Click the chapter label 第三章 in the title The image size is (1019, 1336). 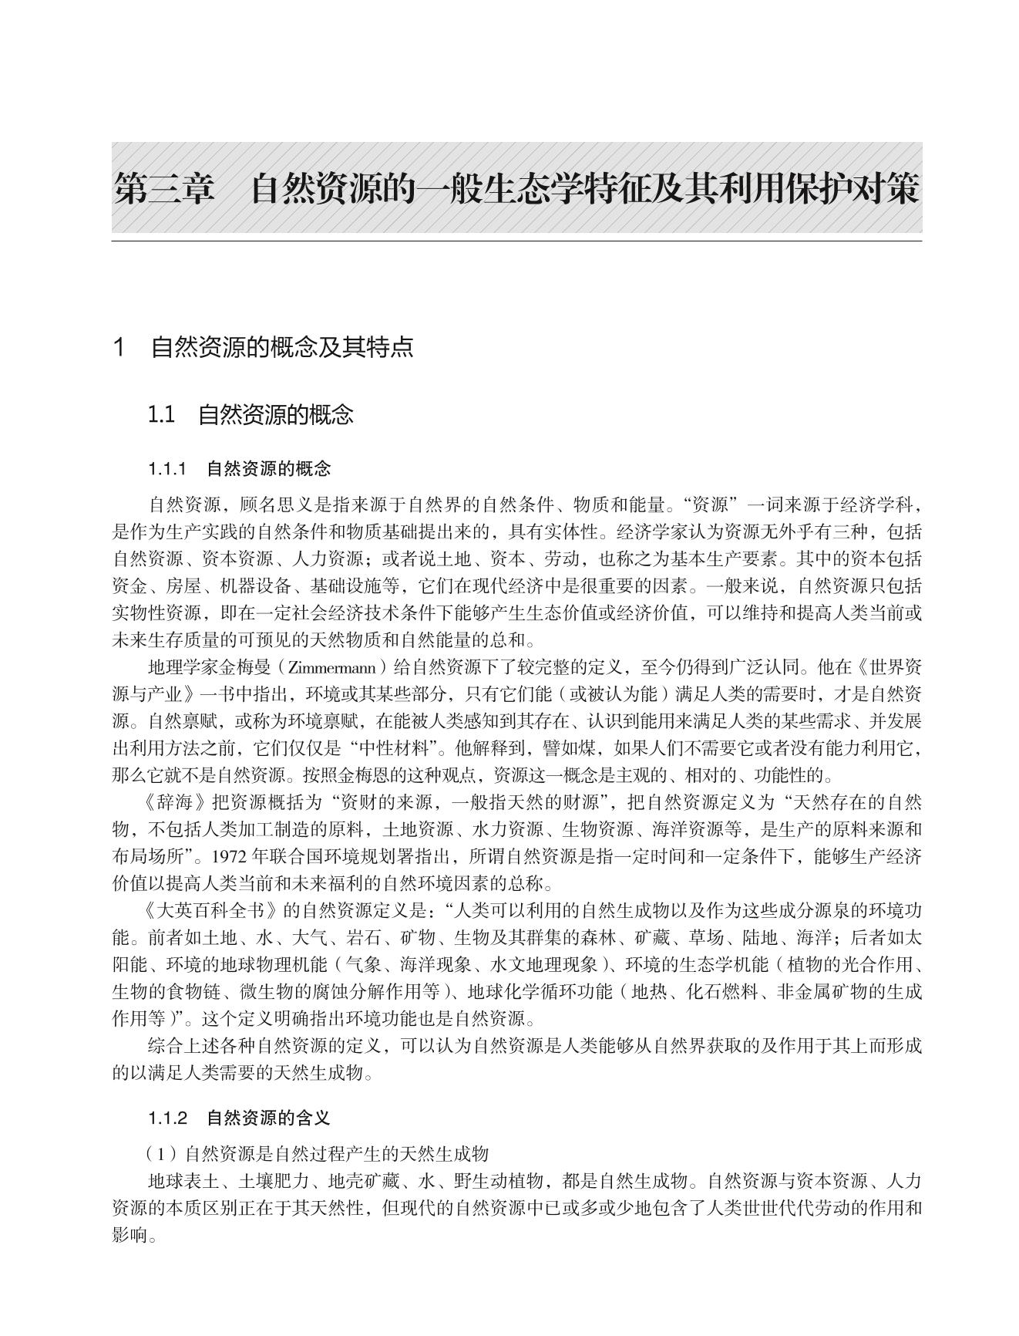pyautogui.click(x=163, y=189)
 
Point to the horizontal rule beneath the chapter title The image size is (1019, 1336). pyautogui.click(x=516, y=241)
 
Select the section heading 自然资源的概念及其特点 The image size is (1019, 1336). pyautogui.click(x=282, y=347)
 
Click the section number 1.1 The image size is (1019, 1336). pyautogui.click(x=161, y=415)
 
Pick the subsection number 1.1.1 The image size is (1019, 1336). pyautogui.click(x=168, y=468)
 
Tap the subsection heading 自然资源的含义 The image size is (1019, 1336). pyautogui.click(x=268, y=1118)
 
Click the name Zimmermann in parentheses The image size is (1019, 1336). pyautogui.click(x=332, y=667)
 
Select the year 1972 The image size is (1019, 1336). pyautogui.click(x=230, y=856)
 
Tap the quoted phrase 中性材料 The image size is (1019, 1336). pyautogui.click(x=399, y=748)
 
